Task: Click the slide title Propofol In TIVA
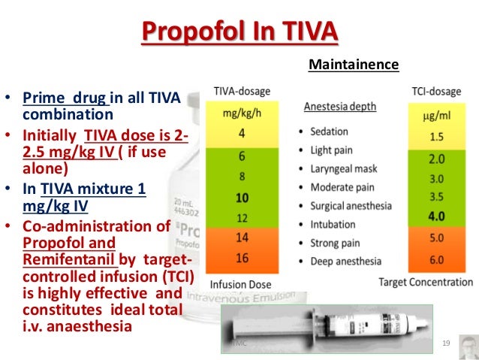coord(239,32)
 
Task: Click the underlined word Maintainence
coord(354,65)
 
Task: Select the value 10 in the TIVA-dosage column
coord(242,198)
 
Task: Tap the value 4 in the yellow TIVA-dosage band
coord(242,135)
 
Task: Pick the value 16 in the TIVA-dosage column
coord(242,258)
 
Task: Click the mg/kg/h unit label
coord(242,115)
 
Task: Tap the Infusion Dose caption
coord(239,285)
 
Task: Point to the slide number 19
coord(446,343)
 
